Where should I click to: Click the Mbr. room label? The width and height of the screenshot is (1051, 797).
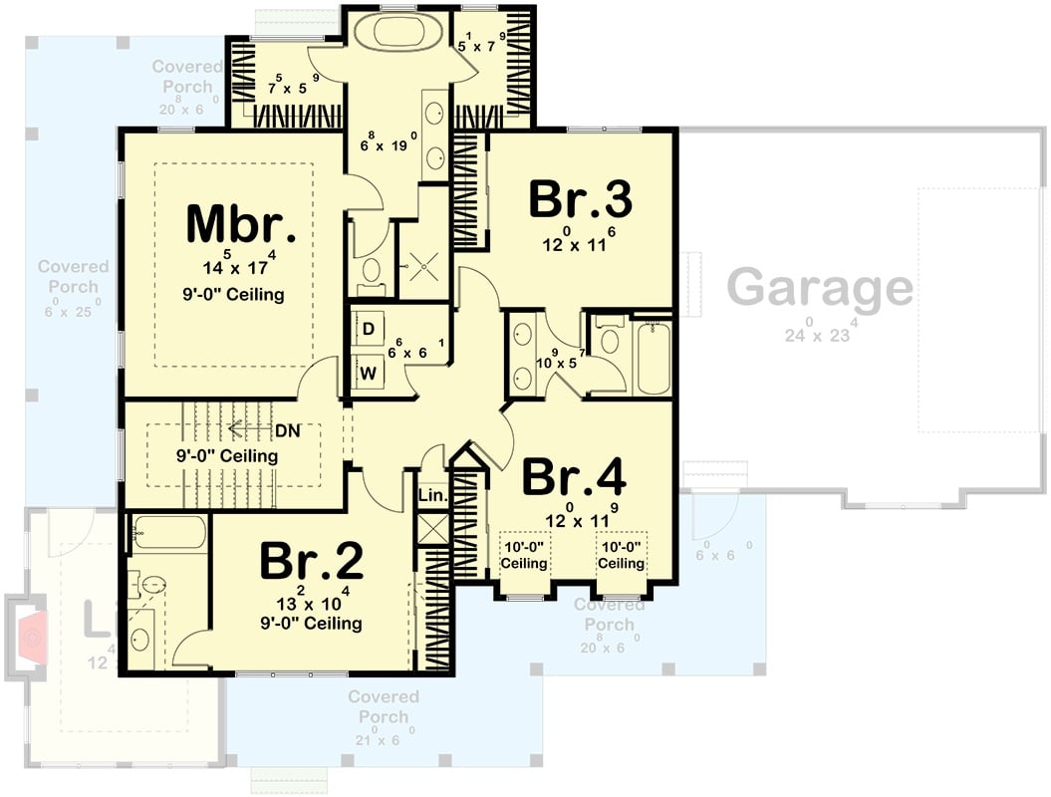point(241,225)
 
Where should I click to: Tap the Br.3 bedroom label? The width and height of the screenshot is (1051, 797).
point(580,199)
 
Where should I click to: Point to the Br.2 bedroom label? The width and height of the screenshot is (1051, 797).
point(311,562)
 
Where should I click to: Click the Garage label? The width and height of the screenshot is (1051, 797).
point(819,288)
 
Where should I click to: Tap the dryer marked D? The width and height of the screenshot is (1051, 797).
point(368,329)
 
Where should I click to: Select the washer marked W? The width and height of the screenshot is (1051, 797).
point(368,373)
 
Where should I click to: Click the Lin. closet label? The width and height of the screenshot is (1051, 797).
point(432,495)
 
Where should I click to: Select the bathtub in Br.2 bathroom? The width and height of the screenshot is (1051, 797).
point(168,533)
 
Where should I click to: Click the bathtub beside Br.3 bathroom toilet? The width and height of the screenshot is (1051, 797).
point(654,357)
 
